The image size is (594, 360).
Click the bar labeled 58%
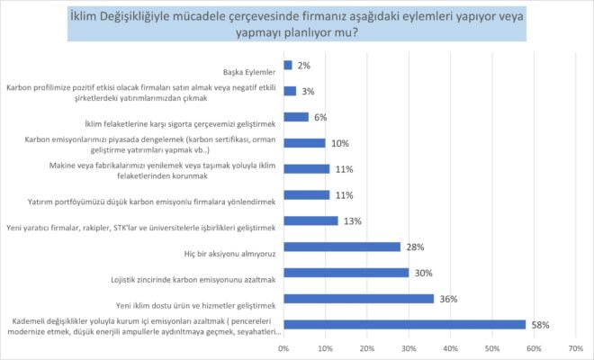[404, 325]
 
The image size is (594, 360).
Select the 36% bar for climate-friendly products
[358, 299]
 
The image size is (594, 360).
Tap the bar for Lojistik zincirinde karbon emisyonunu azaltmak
[346, 273]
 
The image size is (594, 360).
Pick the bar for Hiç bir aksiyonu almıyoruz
[341, 247]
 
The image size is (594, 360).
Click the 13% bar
[310, 220]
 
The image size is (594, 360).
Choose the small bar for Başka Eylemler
[287, 65]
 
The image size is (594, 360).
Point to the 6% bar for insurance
[296, 117]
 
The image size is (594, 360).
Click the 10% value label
[338, 143]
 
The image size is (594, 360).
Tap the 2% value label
[304, 65]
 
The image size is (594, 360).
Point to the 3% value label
[308, 91]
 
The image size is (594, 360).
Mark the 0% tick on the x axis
[283, 347]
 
